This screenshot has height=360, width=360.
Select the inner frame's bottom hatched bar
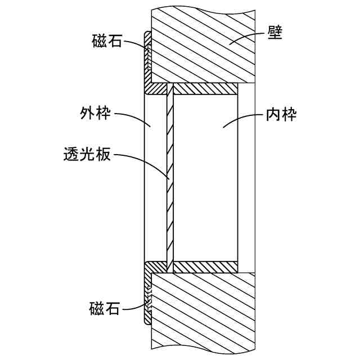click(x=205, y=267)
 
